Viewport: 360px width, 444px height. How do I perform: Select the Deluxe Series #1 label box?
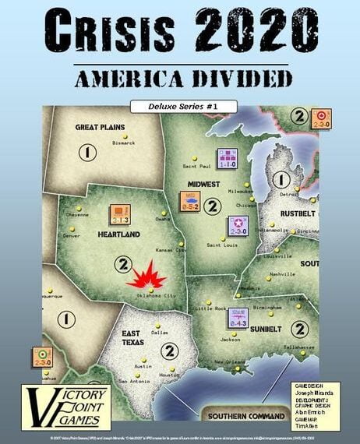(179, 105)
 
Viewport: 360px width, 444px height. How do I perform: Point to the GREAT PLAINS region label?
(101, 127)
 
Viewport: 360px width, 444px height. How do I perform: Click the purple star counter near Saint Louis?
(238, 224)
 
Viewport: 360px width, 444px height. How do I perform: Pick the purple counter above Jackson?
(216, 317)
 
